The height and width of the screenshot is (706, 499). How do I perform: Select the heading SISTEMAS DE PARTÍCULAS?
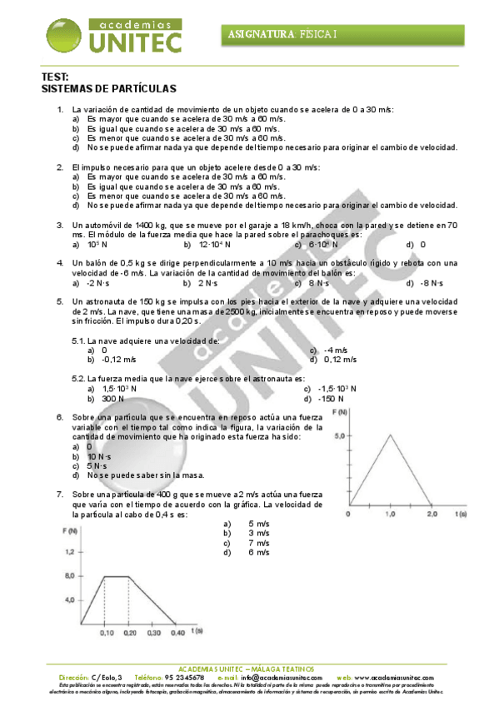point(108,87)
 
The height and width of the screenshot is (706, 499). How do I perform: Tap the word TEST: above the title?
point(54,77)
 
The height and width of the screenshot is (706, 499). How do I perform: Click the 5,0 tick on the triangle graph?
point(338,435)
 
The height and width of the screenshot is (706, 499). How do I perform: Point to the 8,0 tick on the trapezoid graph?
point(70,575)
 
